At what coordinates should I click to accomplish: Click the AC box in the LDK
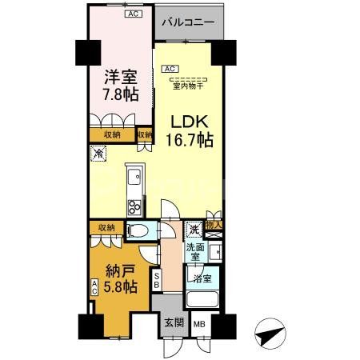[x=170, y=69]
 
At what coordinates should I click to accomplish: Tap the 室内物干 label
[x=189, y=86]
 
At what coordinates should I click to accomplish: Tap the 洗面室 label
[x=195, y=253]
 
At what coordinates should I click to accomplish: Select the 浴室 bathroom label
[x=201, y=278]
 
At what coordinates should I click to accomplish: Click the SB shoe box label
[x=157, y=280]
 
